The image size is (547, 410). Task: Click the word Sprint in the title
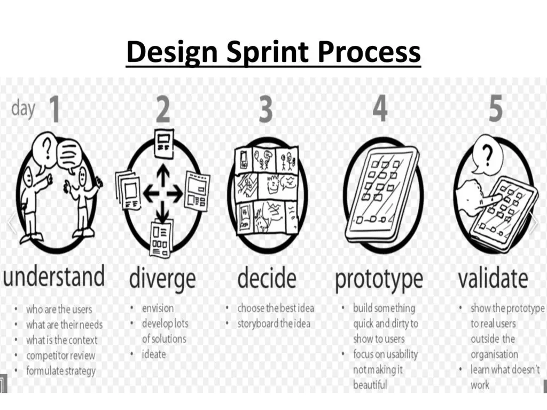tap(268, 52)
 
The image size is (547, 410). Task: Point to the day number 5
tap(495, 108)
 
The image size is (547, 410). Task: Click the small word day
tap(23, 108)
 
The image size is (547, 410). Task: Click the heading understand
tap(54, 275)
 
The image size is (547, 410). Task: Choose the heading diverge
tap(162, 278)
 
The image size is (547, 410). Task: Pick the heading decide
tap(267, 277)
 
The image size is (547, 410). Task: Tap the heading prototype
tap(379, 279)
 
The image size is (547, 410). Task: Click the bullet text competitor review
tap(60, 356)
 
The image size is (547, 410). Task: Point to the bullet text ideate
tap(154, 354)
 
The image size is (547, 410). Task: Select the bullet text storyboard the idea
tap(274, 324)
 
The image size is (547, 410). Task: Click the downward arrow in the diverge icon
tap(162, 212)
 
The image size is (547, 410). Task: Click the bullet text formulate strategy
tap(61, 370)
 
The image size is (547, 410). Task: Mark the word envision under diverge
tap(158, 308)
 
